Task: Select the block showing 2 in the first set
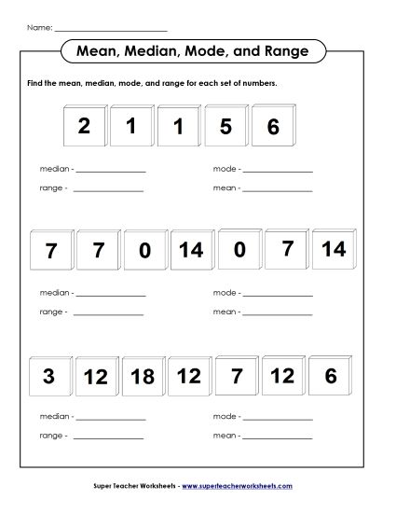[84, 127]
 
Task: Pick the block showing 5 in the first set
[225, 127]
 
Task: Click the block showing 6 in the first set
[272, 127]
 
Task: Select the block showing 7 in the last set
[236, 376]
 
